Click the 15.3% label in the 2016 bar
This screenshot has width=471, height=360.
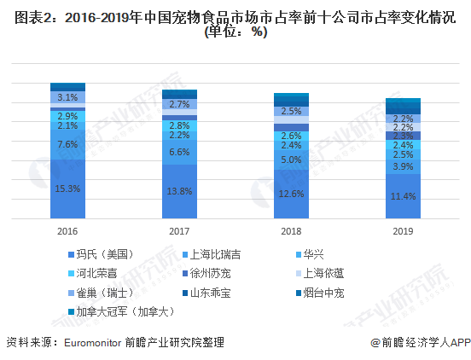(67, 188)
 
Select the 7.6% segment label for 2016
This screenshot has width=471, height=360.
(67, 145)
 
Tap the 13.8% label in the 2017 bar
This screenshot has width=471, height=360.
(179, 192)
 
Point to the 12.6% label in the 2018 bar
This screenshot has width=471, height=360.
(291, 194)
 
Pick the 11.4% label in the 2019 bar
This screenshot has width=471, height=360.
(403, 197)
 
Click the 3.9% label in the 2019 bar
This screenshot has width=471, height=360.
(403, 166)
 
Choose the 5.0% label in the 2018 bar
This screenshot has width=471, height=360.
(291, 160)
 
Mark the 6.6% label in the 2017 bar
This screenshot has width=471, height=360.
(179, 152)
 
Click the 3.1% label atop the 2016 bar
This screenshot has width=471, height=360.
(67, 97)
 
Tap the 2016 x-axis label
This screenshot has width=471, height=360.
(67, 230)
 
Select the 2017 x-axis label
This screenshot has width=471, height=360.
(179, 230)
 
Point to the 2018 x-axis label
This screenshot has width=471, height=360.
(291, 230)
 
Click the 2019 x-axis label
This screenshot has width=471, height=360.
(403, 230)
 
